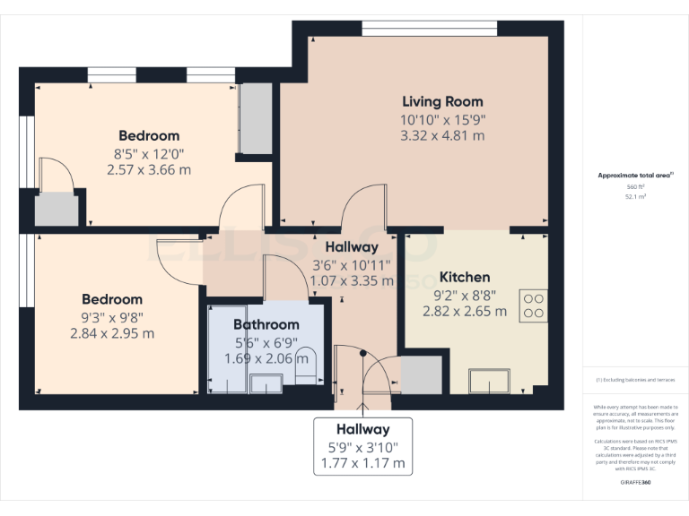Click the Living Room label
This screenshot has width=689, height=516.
[442, 101]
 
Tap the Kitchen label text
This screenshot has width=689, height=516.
[465, 277]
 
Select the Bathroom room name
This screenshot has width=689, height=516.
[266, 324]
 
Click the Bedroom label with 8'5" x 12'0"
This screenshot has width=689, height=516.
[149, 135]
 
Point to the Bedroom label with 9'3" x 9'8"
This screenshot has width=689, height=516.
[112, 299]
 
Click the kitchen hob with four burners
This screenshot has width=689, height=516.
[534, 305]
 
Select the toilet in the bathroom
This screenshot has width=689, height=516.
[305, 364]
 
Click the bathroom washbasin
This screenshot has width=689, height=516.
[266, 383]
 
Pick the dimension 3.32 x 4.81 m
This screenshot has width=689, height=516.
[442, 136]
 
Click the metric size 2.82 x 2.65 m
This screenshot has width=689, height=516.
[465, 312]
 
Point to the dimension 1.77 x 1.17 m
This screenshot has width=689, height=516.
[363, 464]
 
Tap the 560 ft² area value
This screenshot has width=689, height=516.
[635, 186]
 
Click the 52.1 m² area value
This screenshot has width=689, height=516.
[635, 195]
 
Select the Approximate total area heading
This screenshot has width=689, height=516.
[635, 176]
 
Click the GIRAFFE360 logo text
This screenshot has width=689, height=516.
[635, 482]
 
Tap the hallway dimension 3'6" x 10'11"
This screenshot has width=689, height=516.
[352, 264]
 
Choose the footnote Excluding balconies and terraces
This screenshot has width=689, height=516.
[635, 381]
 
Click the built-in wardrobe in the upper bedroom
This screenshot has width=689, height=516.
[256, 118]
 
